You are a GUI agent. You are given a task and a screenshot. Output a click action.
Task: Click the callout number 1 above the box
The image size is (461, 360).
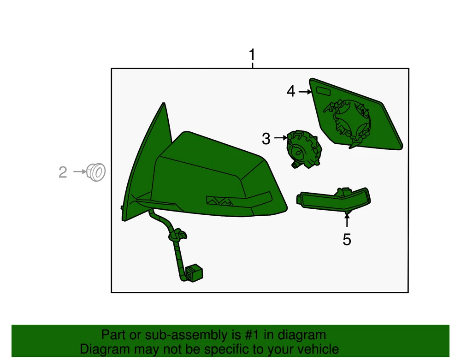point(252,55)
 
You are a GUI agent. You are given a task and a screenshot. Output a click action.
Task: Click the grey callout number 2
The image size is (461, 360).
point(63,172)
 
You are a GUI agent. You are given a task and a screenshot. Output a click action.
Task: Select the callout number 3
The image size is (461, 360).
point(266,139)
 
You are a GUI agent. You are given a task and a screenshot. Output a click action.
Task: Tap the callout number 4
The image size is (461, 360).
point(291,91)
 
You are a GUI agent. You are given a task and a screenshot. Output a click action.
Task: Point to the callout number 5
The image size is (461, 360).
point(347,240)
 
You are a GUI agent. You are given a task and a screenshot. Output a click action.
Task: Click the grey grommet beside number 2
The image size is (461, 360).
point(96,172)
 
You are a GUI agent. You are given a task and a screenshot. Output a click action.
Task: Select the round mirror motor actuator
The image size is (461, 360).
point(304,149)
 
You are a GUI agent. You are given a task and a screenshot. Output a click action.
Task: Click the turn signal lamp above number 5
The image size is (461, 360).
point(334,199)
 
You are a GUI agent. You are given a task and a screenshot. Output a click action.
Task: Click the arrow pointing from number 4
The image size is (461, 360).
point(305,92)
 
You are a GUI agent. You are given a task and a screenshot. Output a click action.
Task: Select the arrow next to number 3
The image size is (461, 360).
point(280,137)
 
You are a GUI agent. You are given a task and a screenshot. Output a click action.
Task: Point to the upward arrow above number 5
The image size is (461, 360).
point(347,220)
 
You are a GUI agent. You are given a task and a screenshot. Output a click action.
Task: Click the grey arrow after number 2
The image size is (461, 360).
point(79,171)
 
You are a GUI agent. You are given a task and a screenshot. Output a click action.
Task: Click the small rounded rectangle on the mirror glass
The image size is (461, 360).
point(324,91)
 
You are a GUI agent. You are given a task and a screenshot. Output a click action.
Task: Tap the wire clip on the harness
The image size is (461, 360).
point(177,235)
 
